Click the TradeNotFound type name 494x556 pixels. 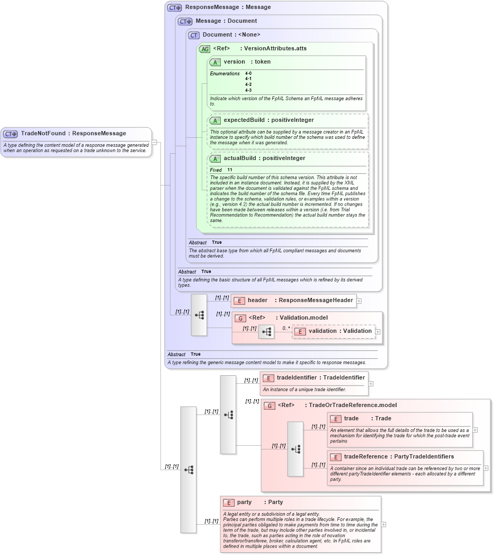coord(44,134)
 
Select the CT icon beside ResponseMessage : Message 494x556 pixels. coord(174,8)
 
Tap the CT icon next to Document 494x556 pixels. coord(194,35)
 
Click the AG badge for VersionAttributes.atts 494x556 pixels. coord(204,49)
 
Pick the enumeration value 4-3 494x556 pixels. coord(248,91)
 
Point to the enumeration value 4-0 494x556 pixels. coord(248,73)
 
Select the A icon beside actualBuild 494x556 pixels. coord(215,158)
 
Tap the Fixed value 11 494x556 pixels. coord(230,170)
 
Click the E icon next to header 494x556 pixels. coord(239,301)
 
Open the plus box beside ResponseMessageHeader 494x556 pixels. coord(359,301)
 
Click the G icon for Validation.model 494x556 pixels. coord(240,318)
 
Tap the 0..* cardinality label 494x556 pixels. coord(286,328)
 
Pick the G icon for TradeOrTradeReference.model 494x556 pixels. coord(270,405)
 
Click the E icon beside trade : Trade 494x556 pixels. coord(335,419)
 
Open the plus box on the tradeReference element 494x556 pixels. coord(486,468)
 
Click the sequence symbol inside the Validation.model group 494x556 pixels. coord(266,332)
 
